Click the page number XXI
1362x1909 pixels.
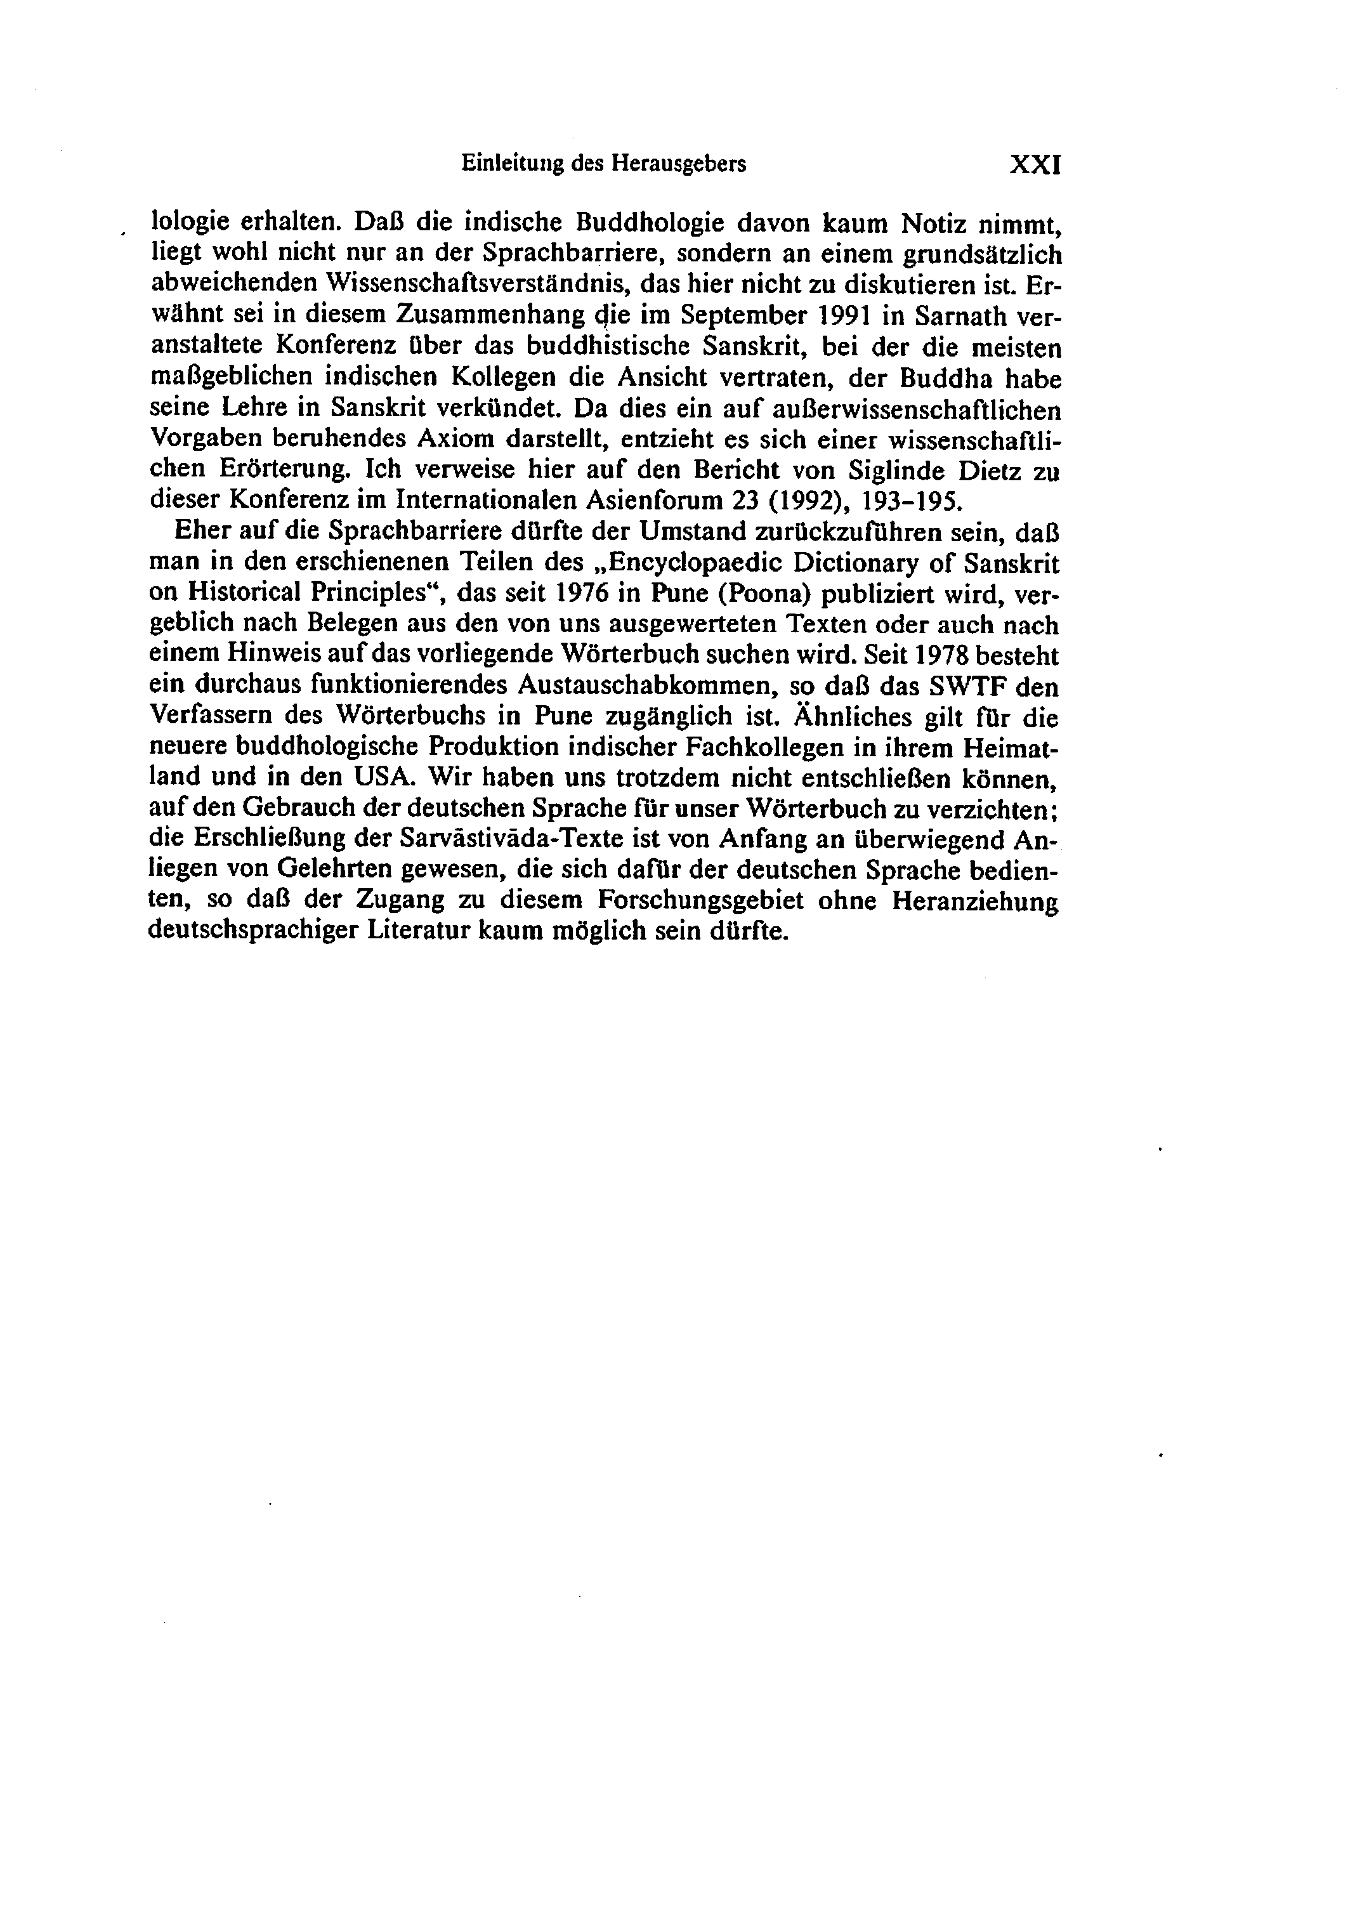[1036, 164]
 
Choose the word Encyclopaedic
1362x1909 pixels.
[693, 563]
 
